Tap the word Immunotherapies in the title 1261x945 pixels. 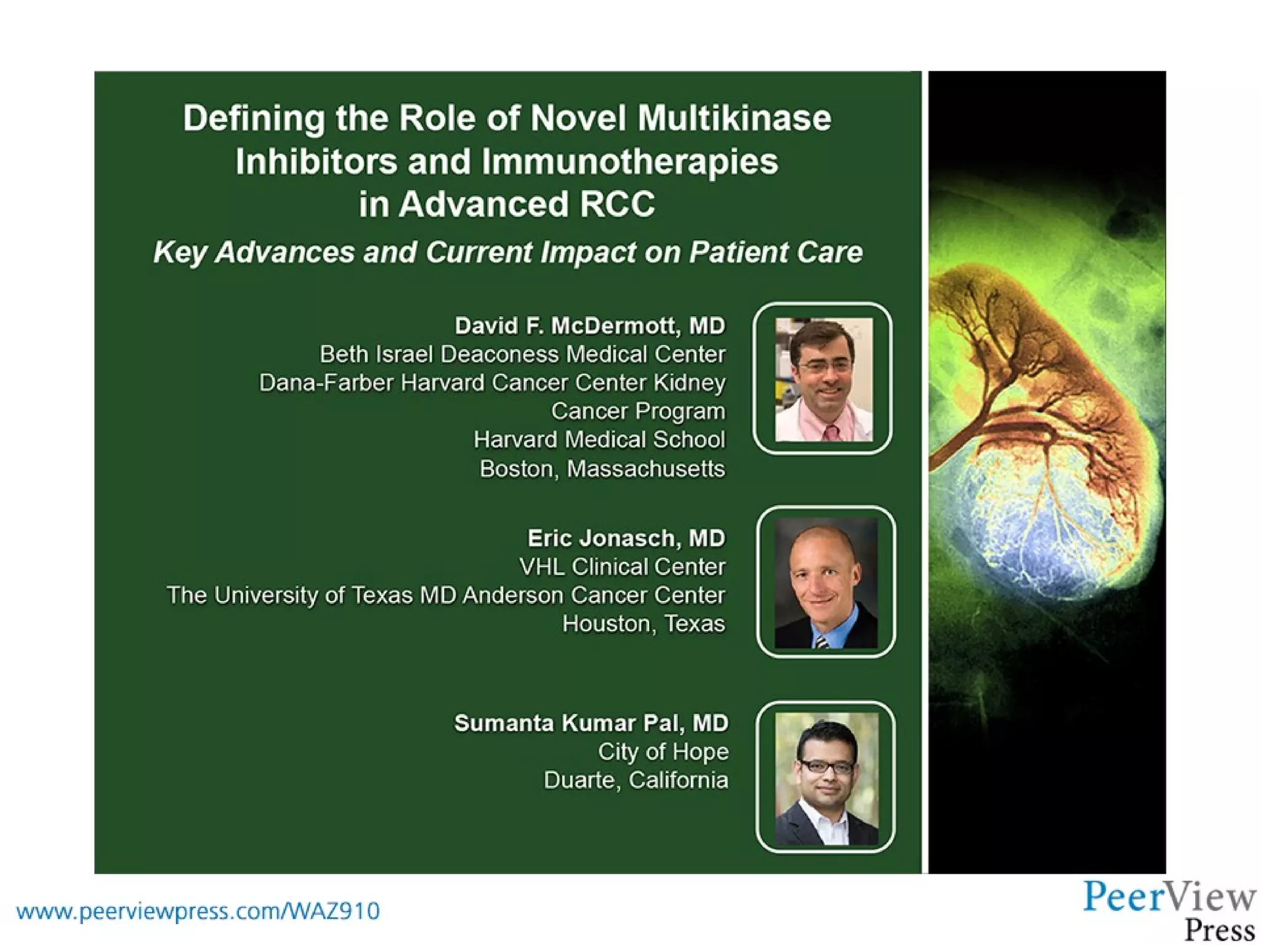point(630,161)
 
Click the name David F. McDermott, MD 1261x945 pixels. point(590,325)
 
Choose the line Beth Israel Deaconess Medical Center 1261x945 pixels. point(522,354)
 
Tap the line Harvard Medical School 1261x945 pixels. point(599,440)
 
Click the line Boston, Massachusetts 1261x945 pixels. point(602,469)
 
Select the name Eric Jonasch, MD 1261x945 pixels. point(626,538)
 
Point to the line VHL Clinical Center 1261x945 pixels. point(622,567)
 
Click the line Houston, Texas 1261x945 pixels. point(643,624)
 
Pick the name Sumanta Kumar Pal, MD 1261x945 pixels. point(591,723)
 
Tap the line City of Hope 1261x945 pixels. point(663,751)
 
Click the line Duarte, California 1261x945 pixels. point(635,780)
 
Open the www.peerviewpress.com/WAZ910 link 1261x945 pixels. point(198,911)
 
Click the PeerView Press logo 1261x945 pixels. point(1169,909)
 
